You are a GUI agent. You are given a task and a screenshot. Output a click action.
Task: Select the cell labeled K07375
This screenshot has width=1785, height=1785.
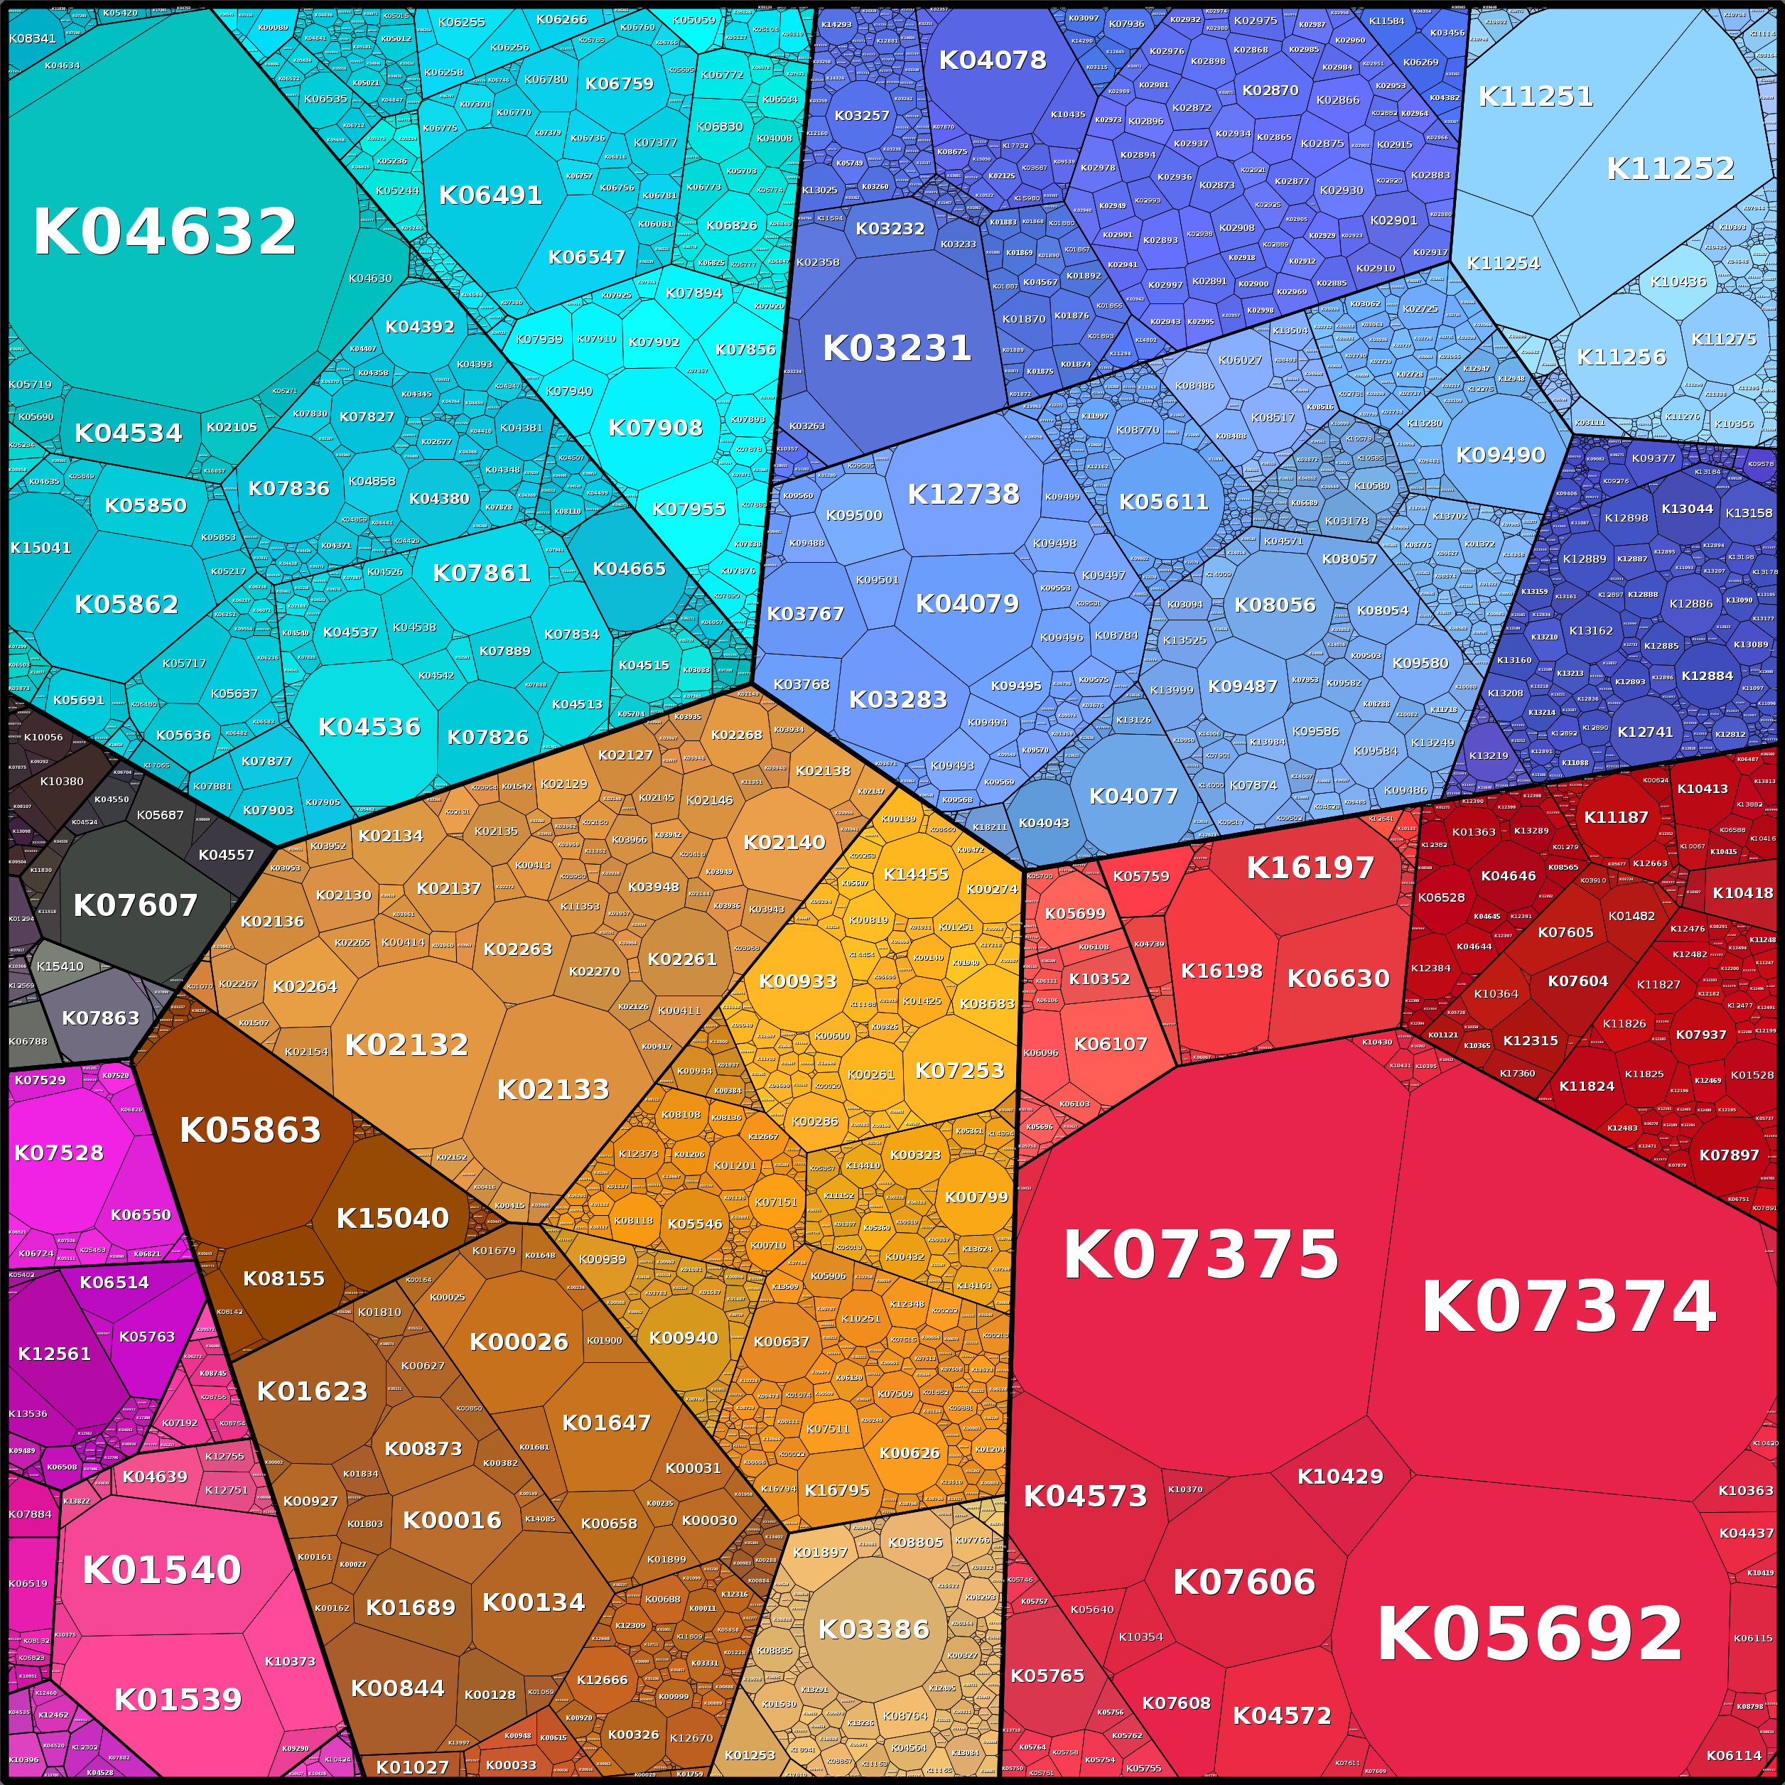(x=1200, y=1256)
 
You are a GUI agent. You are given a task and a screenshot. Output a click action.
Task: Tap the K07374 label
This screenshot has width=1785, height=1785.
(x=1568, y=1306)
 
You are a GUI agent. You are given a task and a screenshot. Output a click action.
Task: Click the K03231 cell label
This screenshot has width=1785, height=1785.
(x=896, y=347)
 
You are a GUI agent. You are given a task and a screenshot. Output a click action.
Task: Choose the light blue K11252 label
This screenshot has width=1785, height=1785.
(x=1671, y=168)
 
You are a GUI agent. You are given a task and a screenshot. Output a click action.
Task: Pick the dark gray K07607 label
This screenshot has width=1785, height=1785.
(x=135, y=905)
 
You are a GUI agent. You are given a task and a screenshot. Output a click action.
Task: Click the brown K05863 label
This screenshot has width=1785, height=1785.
(x=250, y=1129)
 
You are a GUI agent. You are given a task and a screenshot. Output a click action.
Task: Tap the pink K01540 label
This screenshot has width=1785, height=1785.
(x=162, y=1570)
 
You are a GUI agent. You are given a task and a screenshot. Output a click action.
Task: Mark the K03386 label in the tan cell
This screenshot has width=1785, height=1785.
(x=873, y=1629)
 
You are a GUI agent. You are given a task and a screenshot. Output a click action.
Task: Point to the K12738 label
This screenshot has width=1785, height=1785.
(x=964, y=495)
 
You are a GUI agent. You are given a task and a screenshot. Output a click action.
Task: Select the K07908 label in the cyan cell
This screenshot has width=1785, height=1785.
(x=655, y=428)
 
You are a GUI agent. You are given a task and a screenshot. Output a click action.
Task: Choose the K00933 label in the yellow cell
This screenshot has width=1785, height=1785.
(x=797, y=981)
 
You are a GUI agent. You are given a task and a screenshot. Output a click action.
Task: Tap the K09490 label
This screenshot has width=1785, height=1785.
(x=1501, y=455)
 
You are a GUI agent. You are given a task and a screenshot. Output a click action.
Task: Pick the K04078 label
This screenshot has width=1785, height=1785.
(x=992, y=60)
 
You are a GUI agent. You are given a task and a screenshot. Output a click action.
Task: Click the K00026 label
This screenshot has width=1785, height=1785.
(x=518, y=1342)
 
